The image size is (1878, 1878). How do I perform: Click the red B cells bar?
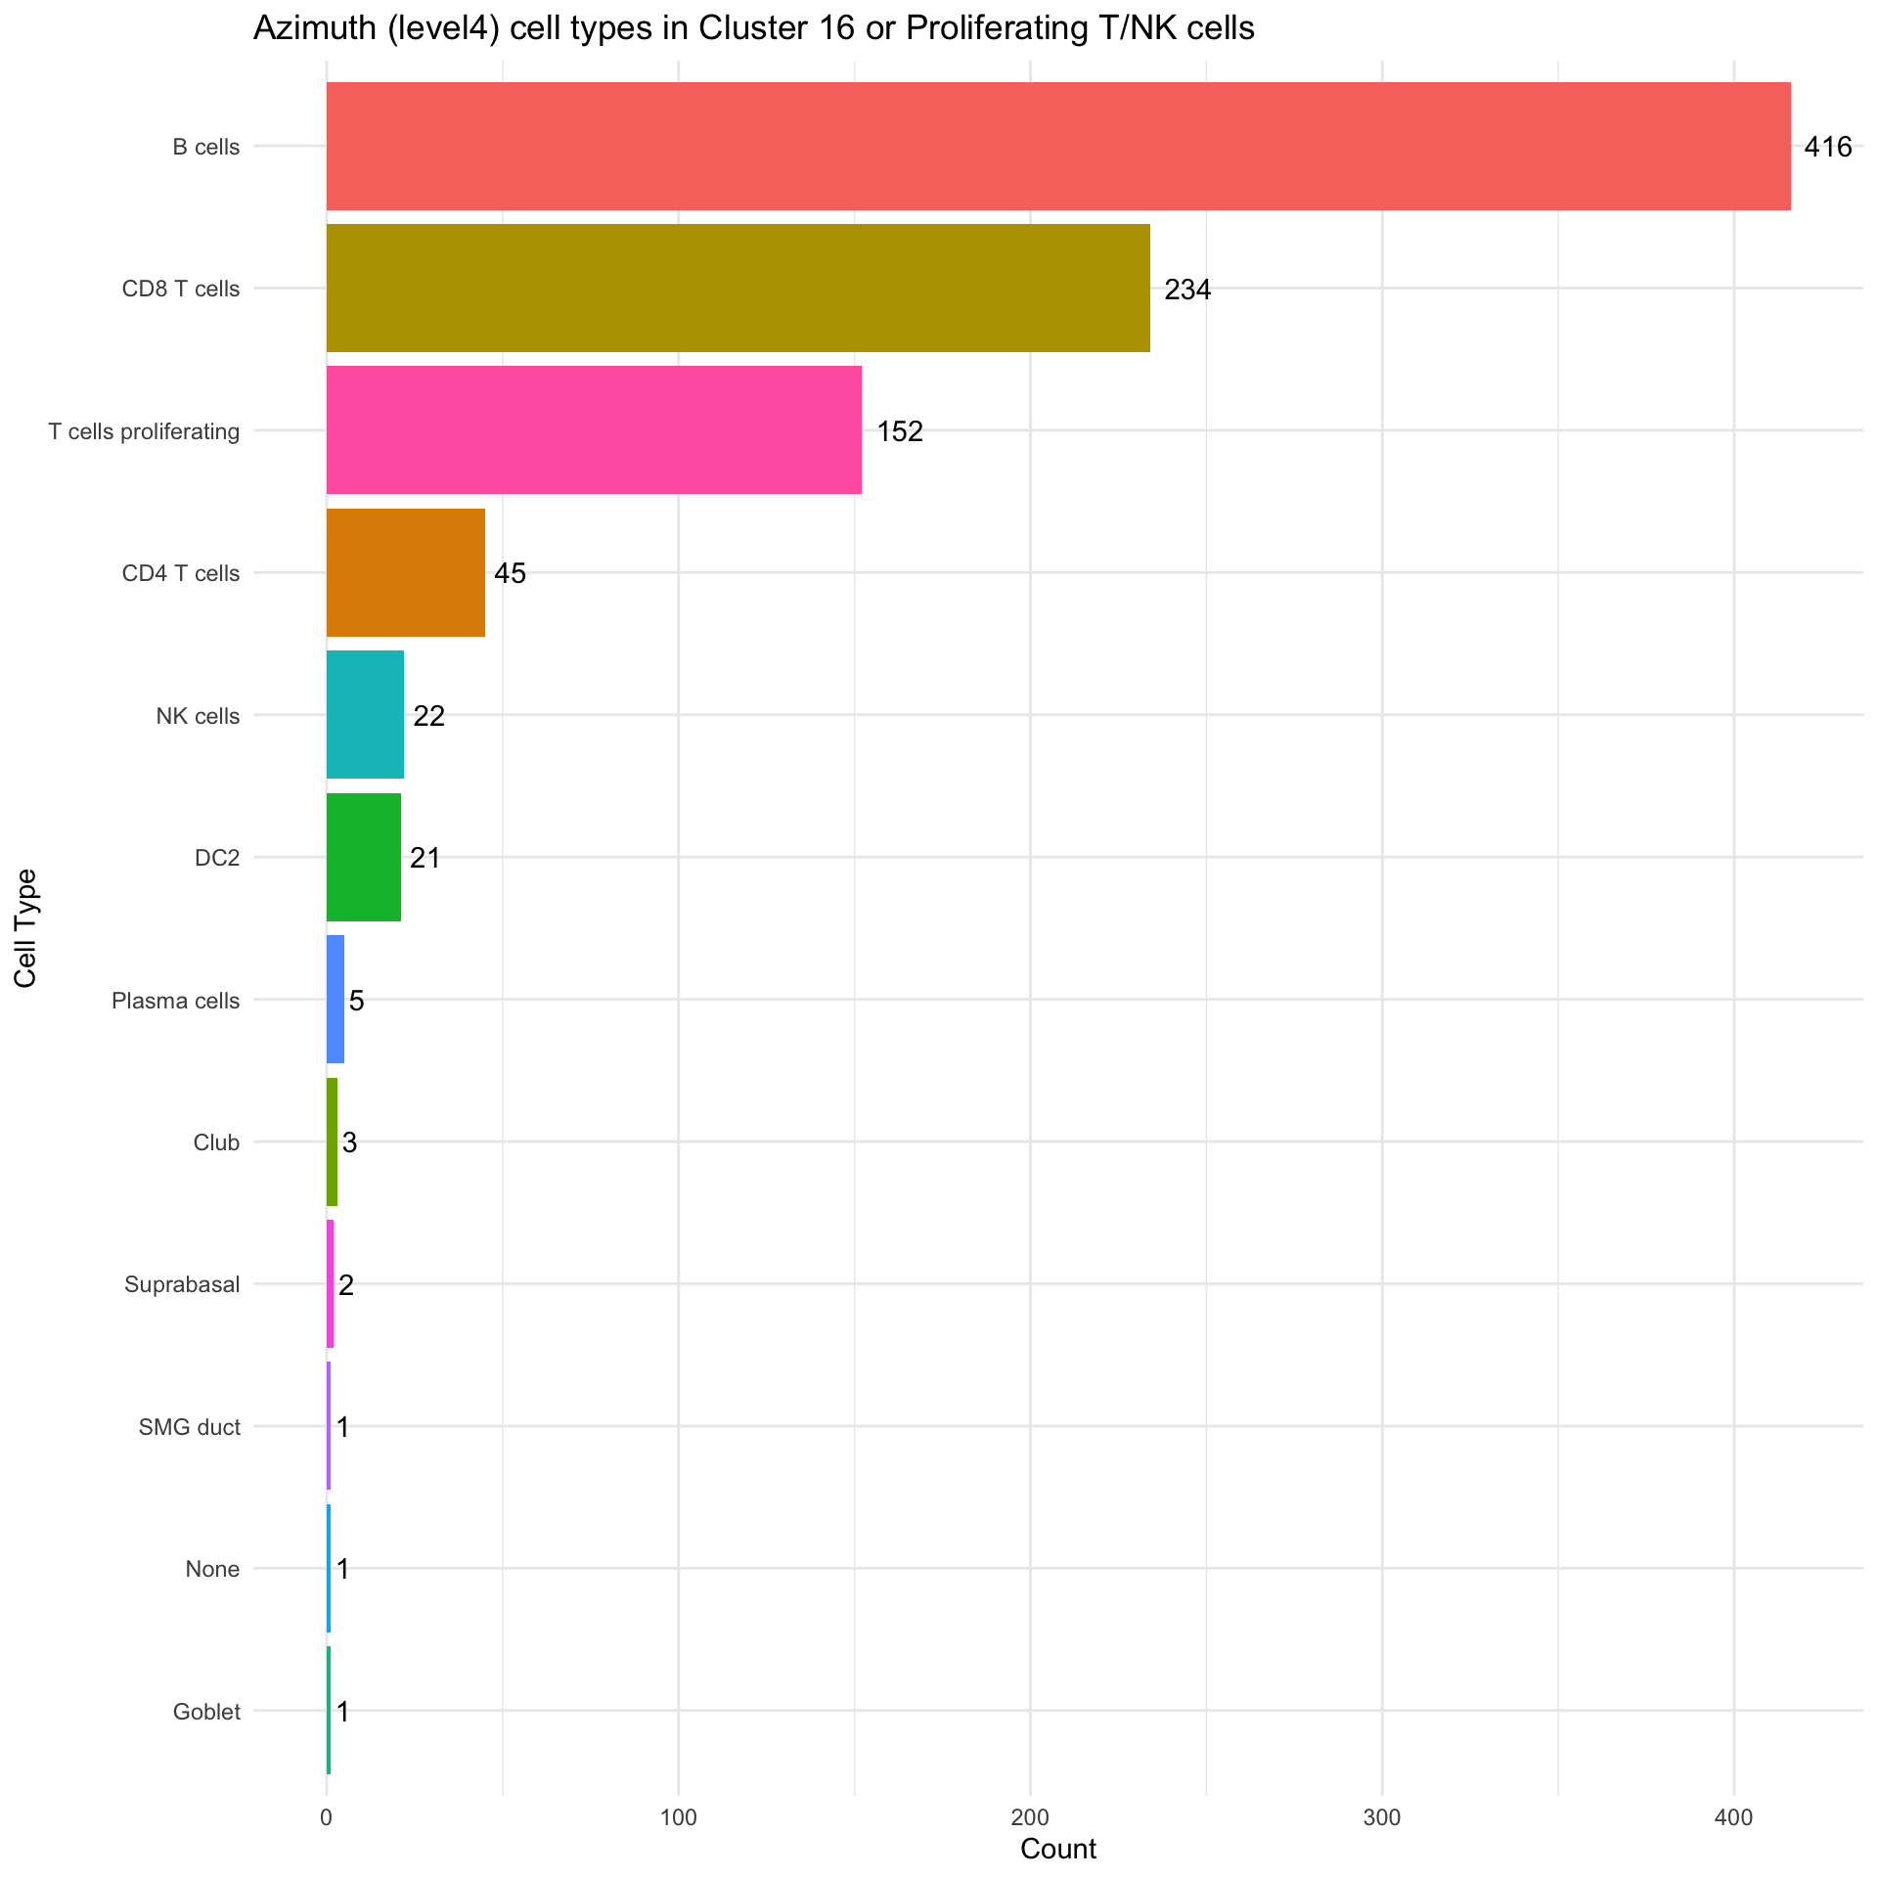pyautogui.click(x=1057, y=146)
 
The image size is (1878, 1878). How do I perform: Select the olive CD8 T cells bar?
pyautogui.click(x=738, y=288)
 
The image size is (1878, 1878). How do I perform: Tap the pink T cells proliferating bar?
pyautogui.click(x=594, y=429)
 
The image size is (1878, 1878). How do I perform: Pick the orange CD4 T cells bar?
pyautogui.click(x=405, y=572)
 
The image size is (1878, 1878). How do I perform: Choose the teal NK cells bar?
pyautogui.click(x=365, y=714)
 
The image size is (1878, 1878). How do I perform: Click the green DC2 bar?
pyautogui.click(x=363, y=857)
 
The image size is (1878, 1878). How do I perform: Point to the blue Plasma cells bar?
pyautogui.click(x=335, y=999)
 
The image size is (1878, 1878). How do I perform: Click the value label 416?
pyautogui.click(x=1827, y=148)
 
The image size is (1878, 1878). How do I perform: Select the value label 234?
pyautogui.click(x=1186, y=290)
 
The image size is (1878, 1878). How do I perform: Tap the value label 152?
pyautogui.click(x=899, y=431)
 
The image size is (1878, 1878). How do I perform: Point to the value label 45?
pyautogui.click(x=510, y=573)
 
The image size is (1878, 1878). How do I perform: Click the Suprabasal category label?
pyautogui.click(x=182, y=1284)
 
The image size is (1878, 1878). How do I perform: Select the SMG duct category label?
pyautogui.click(x=190, y=1427)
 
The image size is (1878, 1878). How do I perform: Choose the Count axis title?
pyautogui.click(x=1057, y=1849)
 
